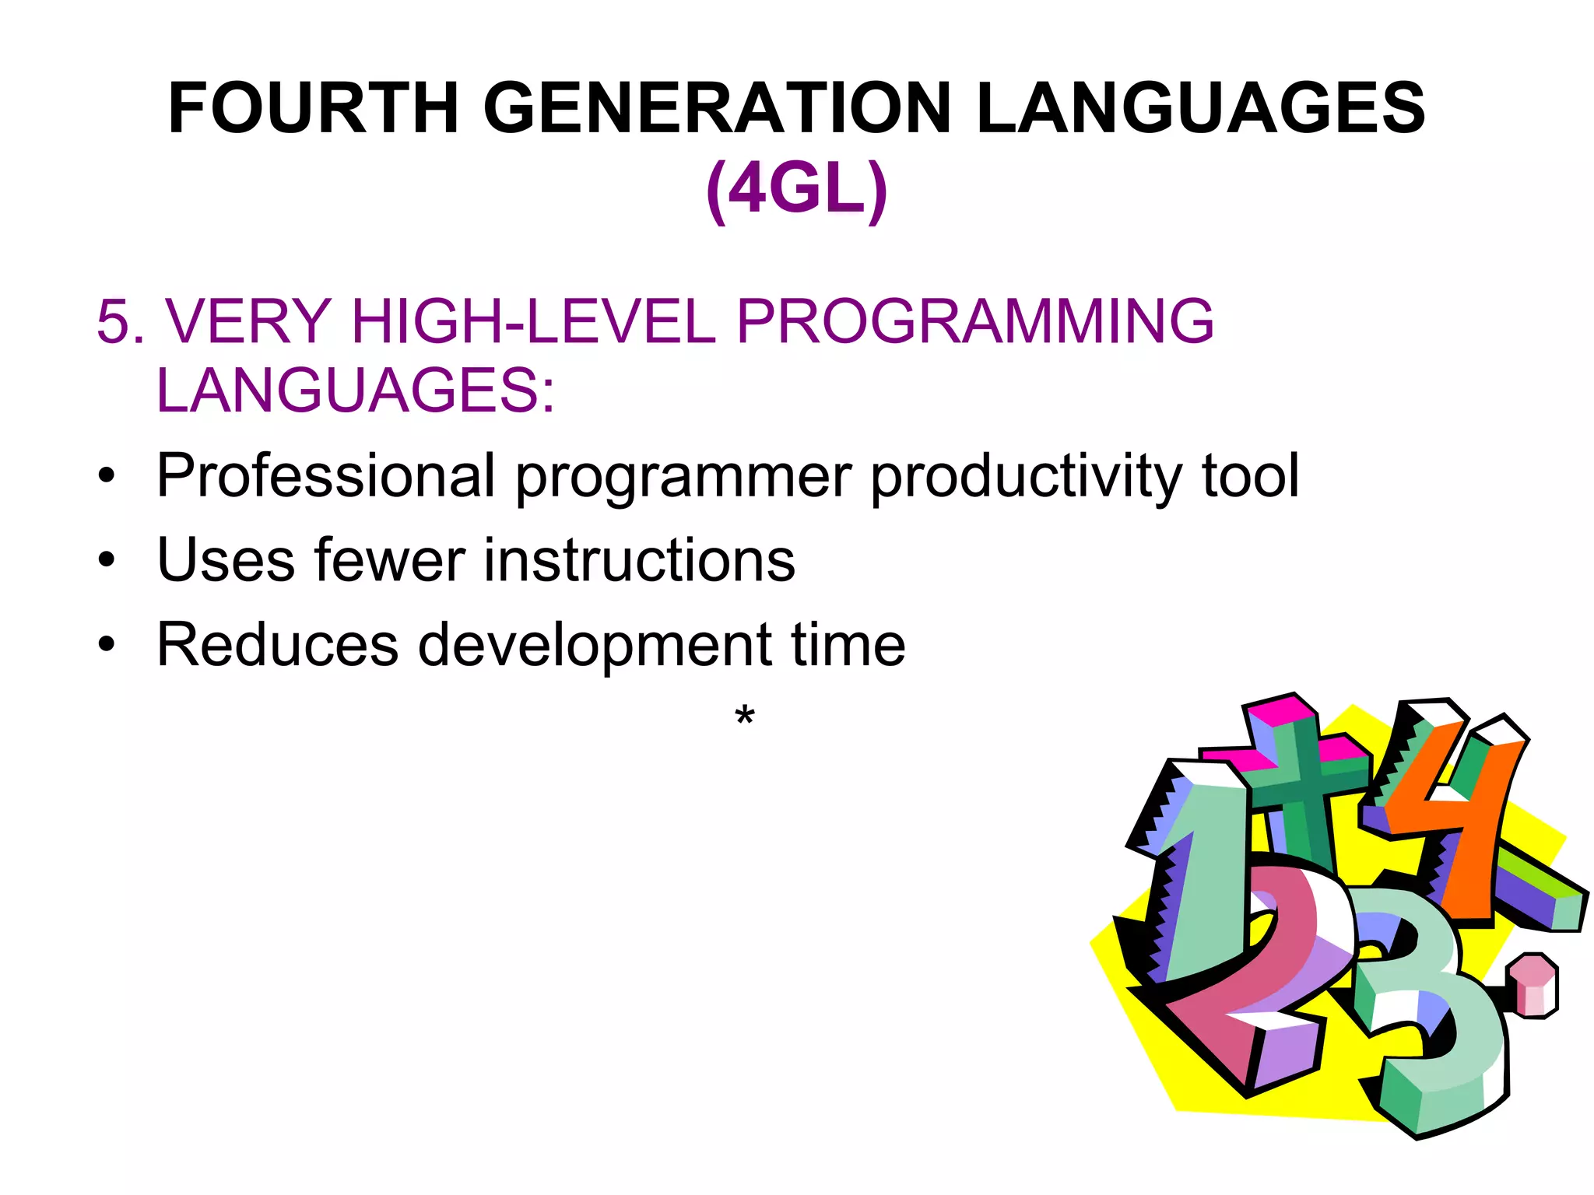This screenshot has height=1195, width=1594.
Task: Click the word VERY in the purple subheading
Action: tap(249, 321)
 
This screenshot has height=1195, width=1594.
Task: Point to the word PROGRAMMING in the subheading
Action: tap(974, 321)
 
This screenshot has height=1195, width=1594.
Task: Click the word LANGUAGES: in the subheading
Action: tap(356, 390)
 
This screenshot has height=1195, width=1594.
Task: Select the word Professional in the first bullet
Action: tap(325, 475)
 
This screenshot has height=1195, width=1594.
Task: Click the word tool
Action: tap(1250, 475)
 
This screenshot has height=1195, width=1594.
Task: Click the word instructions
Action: tap(639, 559)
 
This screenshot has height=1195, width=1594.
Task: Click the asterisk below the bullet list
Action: tap(745, 714)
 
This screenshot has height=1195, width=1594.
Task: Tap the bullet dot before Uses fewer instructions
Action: tap(107, 559)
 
